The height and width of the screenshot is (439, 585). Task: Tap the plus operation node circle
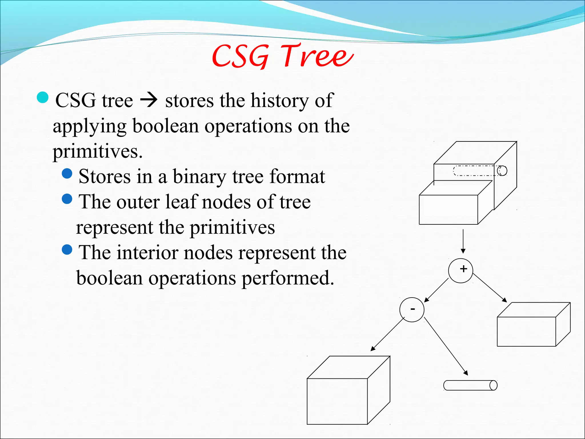(460, 270)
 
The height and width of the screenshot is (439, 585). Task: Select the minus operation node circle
(412, 310)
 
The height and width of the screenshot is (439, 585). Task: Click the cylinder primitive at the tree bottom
(470, 385)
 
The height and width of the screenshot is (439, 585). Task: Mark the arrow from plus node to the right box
(490, 288)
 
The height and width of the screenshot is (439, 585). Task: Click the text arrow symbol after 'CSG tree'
(149, 101)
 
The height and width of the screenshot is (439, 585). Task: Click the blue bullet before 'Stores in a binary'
(67, 173)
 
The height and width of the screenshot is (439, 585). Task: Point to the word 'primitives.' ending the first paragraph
(97, 151)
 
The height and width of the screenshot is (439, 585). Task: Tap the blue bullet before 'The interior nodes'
(67, 250)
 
